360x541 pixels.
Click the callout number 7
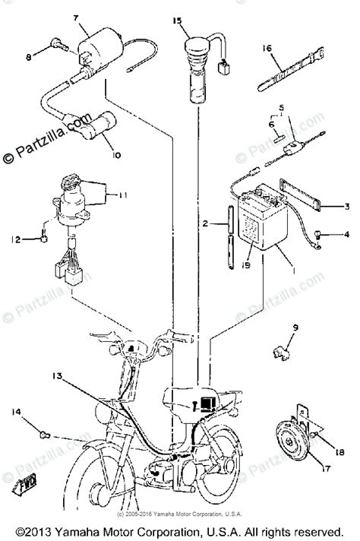pyautogui.click(x=75, y=17)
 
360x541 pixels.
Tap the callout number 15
pyautogui.click(x=177, y=22)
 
